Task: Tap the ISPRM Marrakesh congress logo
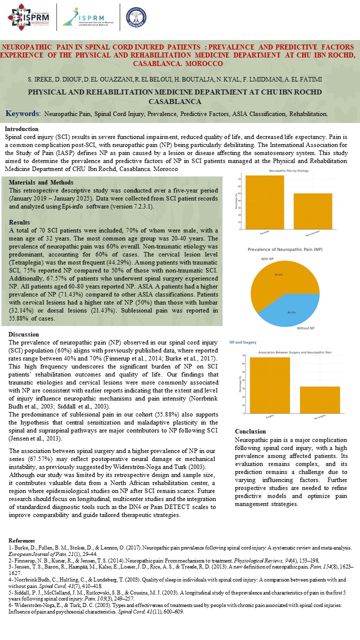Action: [x=29, y=16]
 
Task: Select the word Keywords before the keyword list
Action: [x=23, y=113]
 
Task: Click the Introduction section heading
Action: [x=21, y=128]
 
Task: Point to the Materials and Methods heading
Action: [x=41, y=182]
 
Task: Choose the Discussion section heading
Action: [x=23, y=334]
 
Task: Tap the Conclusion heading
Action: [x=250, y=431]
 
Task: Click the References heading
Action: [x=22, y=541]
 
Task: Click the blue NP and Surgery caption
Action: [x=243, y=342]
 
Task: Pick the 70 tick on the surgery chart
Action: [x=243, y=355]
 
